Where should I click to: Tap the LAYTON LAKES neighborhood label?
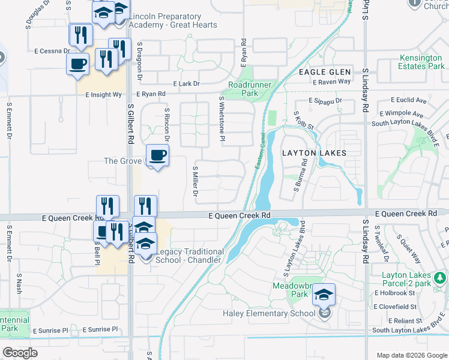tap(314, 153)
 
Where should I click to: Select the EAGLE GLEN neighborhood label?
tap(321, 72)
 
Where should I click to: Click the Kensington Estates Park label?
tap(414, 62)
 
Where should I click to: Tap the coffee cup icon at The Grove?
tap(158, 156)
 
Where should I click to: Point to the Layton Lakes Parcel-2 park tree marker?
tap(440, 278)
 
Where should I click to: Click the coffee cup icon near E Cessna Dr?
tap(78, 64)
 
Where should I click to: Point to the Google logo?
tap(20, 353)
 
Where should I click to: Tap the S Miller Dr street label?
tap(195, 181)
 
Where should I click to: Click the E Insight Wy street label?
tap(103, 95)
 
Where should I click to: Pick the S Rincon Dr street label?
tap(167, 125)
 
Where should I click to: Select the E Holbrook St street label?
tap(395, 293)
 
